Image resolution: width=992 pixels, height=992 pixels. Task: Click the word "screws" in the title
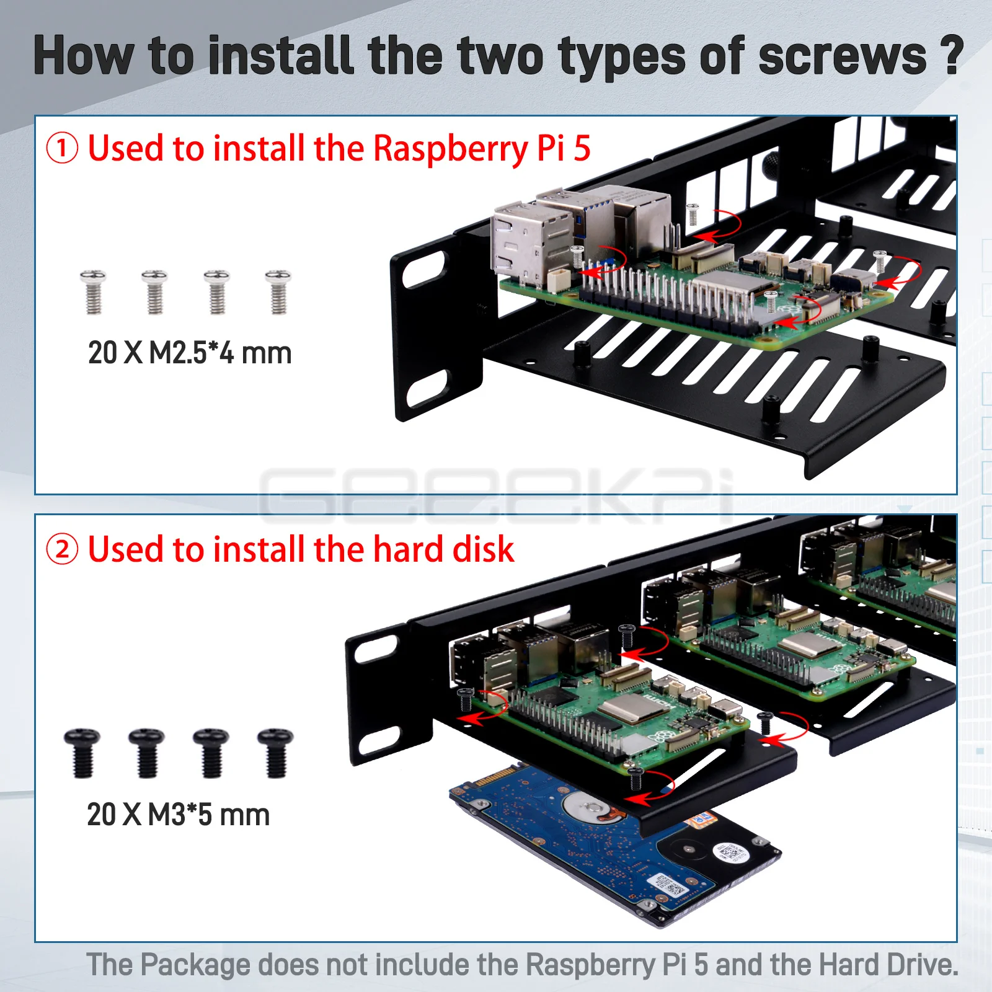pyautogui.click(x=842, y=56)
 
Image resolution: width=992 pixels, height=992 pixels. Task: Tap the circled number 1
pyautogui.click(x=62, y=149)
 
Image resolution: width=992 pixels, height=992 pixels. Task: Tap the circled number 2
pyautogui.click(x=62, y=550)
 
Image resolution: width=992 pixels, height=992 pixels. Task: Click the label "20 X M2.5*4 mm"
pyautogui.click(x=190, y=353)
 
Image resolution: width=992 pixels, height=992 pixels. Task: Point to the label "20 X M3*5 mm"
pyautogui.click(x=179, y=815)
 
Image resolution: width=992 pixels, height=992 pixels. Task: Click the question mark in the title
pyautogui.click(x=952, y=56)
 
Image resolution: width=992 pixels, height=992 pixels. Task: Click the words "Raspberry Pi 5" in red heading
pyautogui.click(x=482, y=149)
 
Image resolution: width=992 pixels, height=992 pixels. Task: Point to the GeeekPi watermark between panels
pyautogui.click(x=496, y=496)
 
